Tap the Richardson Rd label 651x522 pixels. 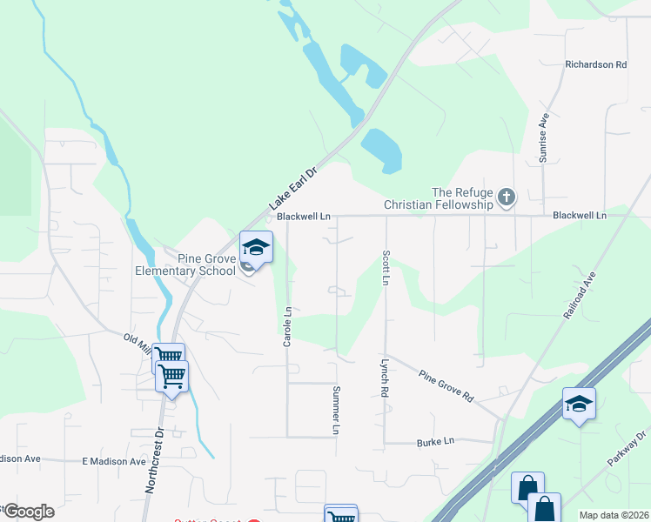(x=595, y=64)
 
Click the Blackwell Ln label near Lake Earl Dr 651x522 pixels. (x=303, y=216)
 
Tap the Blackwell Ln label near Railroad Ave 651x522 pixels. (x=579, y=215)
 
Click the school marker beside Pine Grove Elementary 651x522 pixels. (x=256, y=247)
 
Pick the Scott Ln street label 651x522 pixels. (x=385, y=268)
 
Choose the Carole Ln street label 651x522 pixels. (x=287, y=325)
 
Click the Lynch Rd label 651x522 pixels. (x=383, y=378)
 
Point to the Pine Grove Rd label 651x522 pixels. (x=446, y=385)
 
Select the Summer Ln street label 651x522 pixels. (x=335, y=410)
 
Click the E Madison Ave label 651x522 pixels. (x=114, y=461)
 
